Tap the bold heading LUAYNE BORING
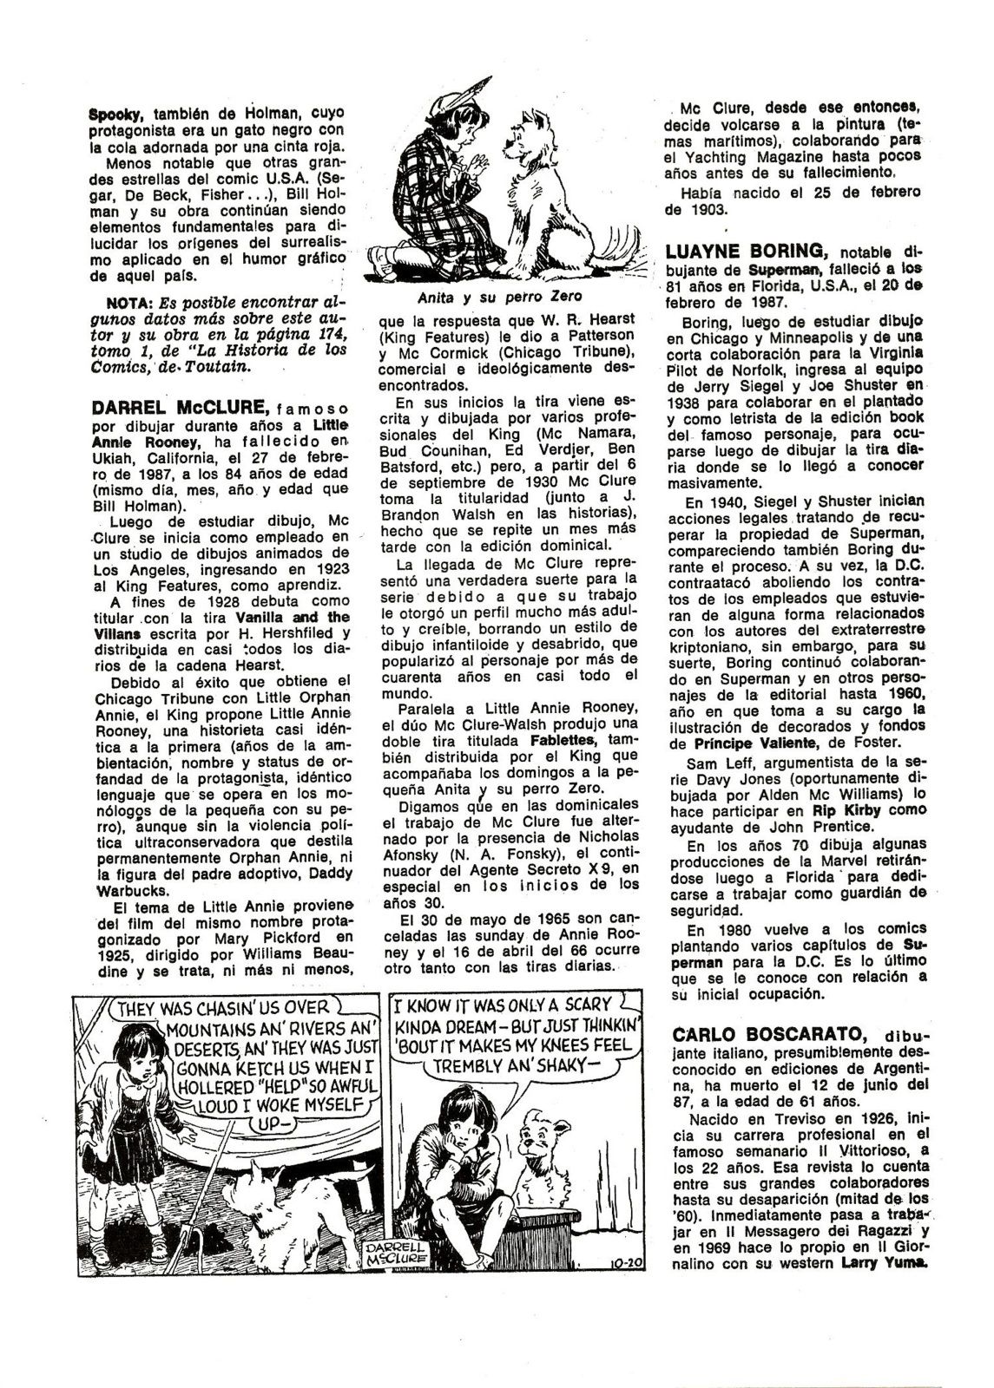click(x=745, y=251)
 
